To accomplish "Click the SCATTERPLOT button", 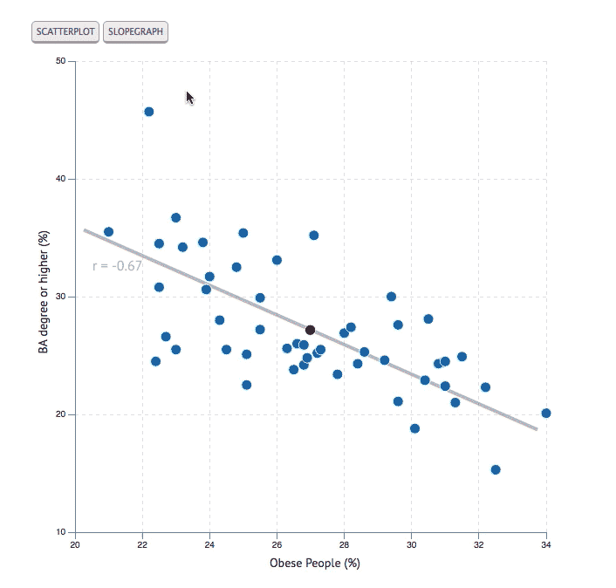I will [65, 32].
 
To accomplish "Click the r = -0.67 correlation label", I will [117, 265].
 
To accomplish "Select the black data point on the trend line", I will [310, 330].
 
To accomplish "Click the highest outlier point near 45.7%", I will [148, 112].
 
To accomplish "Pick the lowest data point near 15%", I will [496, 469].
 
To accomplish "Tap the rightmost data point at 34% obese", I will [546, 413].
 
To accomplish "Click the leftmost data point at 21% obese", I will [108, 232].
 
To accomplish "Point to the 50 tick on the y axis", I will [60, 61].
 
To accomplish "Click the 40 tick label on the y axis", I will [60, 179].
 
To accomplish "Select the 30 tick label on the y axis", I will [60, 297].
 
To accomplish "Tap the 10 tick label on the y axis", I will [60, 532].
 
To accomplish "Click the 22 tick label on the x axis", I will [142, 546].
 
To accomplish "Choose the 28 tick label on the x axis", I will [344, 546].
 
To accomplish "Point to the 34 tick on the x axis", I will [546, 546].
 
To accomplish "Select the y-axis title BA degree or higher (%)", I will [43, 297].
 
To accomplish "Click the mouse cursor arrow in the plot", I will [189, 97].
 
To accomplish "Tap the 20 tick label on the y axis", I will [60, 414].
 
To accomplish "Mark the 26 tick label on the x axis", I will [277, 546].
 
